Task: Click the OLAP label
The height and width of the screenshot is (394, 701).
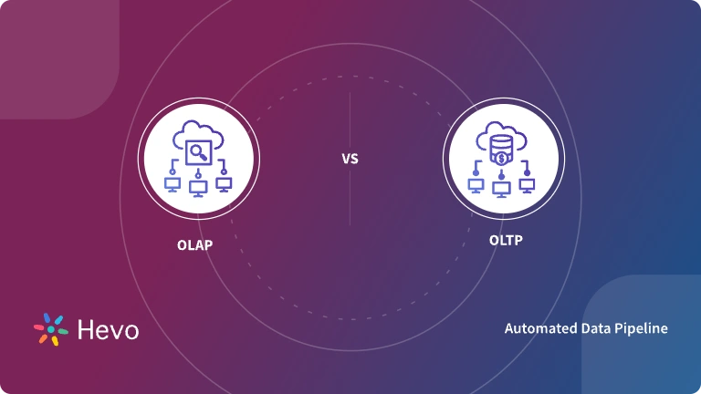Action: (x=194, y=244)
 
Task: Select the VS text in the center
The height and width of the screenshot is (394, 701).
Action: (x=350, y=159)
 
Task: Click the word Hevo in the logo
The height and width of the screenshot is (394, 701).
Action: (x=109, y=329)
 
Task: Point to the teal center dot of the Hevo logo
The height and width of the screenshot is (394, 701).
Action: (x=50, y=329)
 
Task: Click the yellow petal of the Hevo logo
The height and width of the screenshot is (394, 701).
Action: (x=54, y=340)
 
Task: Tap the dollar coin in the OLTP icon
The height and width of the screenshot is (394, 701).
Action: (x=501, y=158)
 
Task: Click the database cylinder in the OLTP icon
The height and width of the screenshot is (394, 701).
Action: (x=500, y=144)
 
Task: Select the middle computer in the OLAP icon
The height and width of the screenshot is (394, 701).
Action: (x=198, y=187)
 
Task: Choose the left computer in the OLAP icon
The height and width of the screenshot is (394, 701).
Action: (x=173, y=184)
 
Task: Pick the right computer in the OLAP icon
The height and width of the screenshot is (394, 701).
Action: (x=223, y=183)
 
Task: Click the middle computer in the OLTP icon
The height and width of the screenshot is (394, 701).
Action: (x=501, y=189)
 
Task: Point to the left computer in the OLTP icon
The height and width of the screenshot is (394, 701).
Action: (x=476, y=185)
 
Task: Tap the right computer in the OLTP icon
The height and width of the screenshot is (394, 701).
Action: (x=527, y=185)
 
